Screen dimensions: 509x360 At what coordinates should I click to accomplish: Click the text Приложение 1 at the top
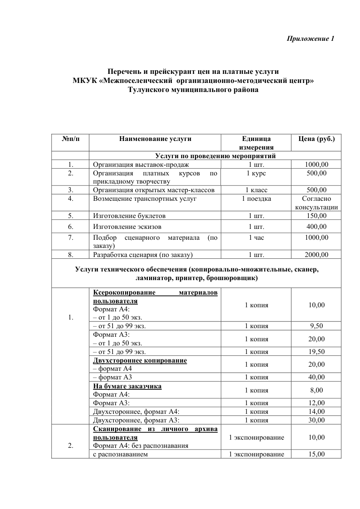tap(311, 39)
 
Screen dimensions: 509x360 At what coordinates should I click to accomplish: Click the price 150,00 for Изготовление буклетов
tap(316, 216)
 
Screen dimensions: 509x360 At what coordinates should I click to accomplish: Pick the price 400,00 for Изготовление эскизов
tap(316, 227)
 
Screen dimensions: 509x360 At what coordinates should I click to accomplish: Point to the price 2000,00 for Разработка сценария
tap(316, 255)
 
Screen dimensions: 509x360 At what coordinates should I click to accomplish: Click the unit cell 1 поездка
tap(256, 199)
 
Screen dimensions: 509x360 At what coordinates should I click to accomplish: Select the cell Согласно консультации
tap(316, 203)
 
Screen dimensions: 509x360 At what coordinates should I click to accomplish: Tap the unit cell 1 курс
tap(256, 173)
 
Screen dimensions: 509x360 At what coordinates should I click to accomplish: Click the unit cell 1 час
tap(256, 238)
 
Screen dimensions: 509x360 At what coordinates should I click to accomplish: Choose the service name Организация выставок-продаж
tap(137, 165)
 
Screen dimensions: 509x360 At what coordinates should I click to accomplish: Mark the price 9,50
tap(316, 325)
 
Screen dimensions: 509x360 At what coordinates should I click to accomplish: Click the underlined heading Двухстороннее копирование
tap(140, 360)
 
